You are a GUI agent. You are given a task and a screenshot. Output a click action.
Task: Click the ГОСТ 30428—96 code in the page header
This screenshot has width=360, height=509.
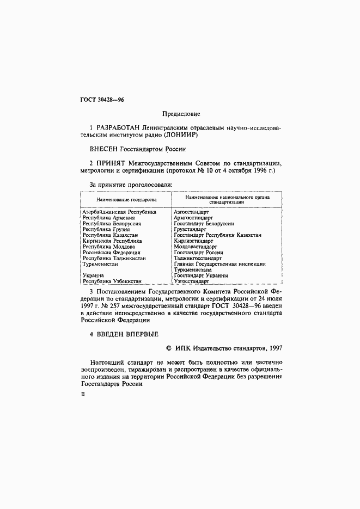click(102, 100)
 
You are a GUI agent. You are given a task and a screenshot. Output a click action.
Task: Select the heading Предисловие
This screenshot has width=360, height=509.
click(181, 114)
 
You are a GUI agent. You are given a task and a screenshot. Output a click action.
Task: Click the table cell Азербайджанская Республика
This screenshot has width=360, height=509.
click(119, 211)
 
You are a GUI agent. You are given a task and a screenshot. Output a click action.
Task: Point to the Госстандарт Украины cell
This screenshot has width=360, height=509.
click(200, 275)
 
